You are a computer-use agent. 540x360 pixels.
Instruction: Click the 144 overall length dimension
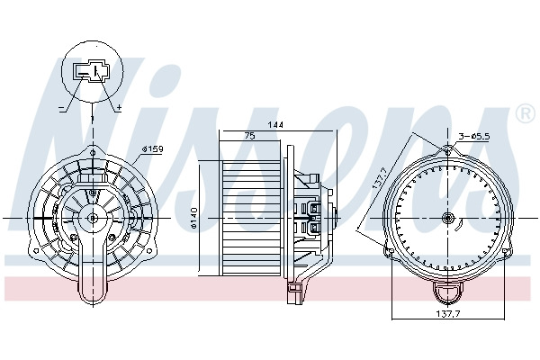275,125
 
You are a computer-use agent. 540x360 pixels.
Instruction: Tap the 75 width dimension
249,136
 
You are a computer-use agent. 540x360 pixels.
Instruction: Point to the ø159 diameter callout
153,149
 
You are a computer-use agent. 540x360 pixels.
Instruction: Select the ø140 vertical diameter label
193,218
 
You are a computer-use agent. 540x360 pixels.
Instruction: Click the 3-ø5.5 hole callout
474,137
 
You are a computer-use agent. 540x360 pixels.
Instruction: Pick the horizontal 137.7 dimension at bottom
448,313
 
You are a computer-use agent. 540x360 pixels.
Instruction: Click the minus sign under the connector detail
61,108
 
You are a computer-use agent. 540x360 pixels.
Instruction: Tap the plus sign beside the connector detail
119,108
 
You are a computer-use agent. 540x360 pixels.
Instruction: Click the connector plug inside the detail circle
91,72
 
